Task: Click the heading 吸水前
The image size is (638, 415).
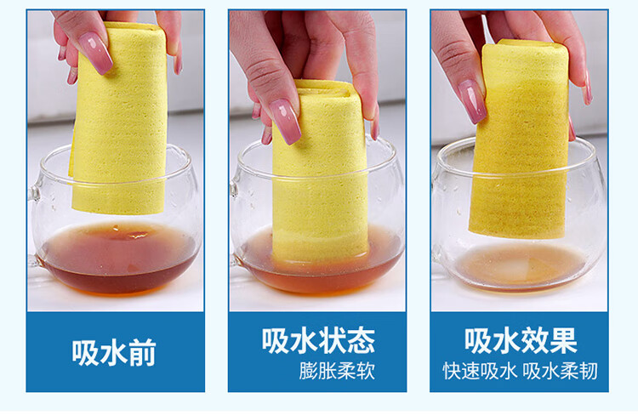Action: [114, 353]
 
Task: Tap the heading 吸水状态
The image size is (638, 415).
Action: [318, 340]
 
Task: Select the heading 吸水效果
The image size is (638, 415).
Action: [521, 340]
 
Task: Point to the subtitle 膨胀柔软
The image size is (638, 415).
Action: [337, 371]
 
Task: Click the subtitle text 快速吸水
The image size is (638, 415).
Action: [480, 371]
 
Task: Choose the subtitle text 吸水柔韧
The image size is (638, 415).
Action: [561, 371]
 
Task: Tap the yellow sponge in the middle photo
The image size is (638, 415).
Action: [321, 171]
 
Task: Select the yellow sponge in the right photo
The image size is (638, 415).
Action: [520, 139]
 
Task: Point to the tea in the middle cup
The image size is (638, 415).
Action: [319, 264]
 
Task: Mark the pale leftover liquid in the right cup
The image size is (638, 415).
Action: [521, 265]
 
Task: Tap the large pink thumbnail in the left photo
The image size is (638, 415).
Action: [95, 53]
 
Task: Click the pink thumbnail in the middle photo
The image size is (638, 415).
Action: [286, 122]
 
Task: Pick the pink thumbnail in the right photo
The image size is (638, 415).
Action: [472, 101]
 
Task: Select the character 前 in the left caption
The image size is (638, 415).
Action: [143, 353]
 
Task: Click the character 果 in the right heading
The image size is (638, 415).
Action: [564, 340]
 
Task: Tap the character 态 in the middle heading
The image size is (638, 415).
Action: [362, 340]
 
